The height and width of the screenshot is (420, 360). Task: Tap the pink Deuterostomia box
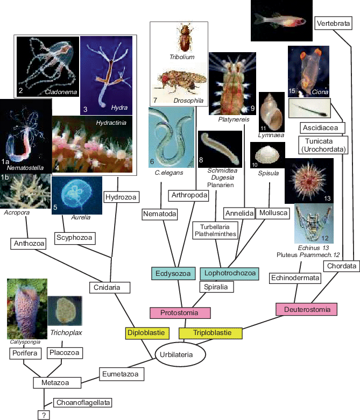(306, 309)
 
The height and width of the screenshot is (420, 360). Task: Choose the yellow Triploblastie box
(211, 333)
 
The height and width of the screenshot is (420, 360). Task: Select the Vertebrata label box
(334, 24)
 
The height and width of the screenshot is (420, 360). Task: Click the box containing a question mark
(44, 415)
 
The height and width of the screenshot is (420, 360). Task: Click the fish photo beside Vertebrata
(281, 20)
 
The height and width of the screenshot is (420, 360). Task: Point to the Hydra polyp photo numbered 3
(106, 74)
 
